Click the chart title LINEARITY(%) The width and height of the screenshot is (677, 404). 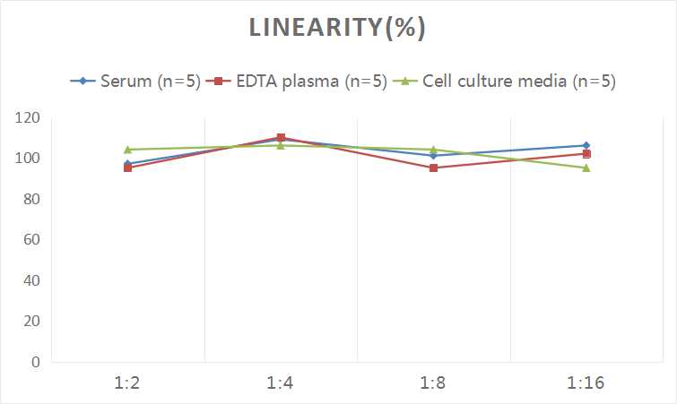pyautogui.click(x=337, y=28)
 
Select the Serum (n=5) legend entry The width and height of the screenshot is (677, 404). pyautogui.click(x=135, y=82)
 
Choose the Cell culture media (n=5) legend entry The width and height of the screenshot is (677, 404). pyautogui.click(x=507, y=82)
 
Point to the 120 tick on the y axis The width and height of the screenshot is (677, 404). pyautogui.click(x=28, y=118)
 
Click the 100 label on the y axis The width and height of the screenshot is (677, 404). pyautogui.click(x=28, y=159)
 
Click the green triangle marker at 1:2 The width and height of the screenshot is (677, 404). pyautogui.click(x=128, y=150)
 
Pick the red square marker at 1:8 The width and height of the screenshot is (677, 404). pyautogui.click(x=433, y=168)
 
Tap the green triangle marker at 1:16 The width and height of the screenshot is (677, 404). pyautogui.click(x=586, y=168)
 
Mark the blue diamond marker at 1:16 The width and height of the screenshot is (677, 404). pyautogui.click(x=586, y=145)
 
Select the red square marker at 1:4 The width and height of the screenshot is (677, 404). pyautogui.click(x=281, y=138)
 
